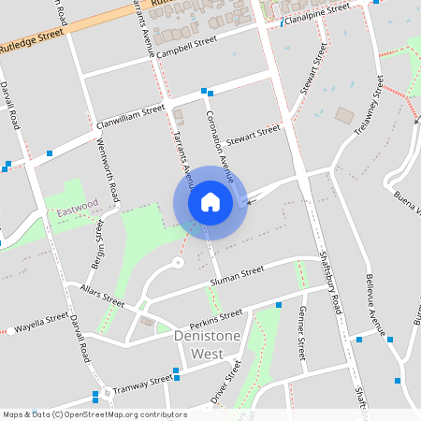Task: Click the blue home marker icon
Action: [210, 202]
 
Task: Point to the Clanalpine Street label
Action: [317, 12]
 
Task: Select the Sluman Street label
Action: [238, 275]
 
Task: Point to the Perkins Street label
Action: [215, 315]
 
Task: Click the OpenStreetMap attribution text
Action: [94, 414]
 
